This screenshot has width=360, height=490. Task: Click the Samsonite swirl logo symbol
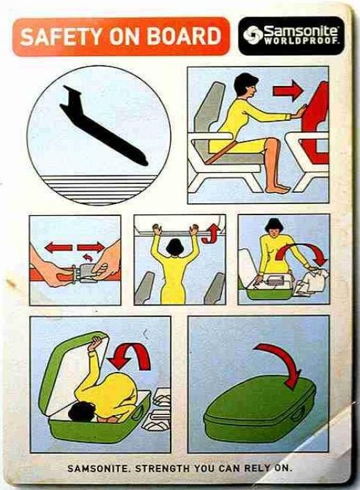pos(252,35)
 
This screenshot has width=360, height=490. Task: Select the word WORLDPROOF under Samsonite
pos(301,41)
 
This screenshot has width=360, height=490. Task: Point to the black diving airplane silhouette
pos(103,125)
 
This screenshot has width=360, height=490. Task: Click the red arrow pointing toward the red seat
pos(287,91)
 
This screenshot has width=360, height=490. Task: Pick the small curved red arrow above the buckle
pos(87,257)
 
